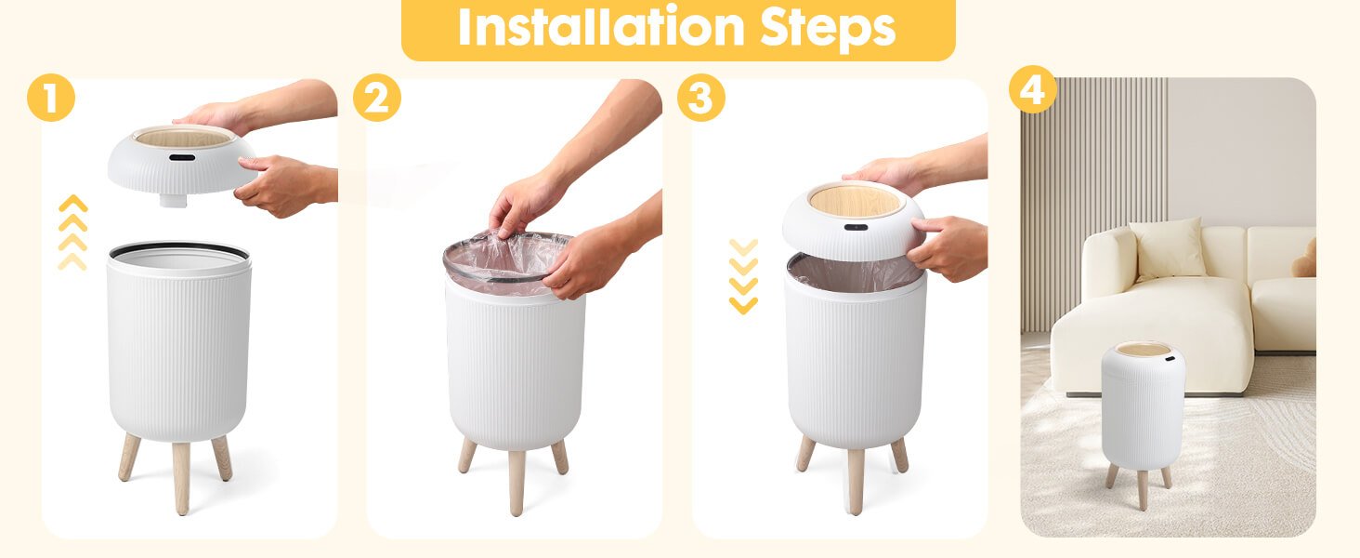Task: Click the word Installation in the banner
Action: [601, 27]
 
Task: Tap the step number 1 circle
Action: [51, 98]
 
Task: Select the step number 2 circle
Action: [377, 98]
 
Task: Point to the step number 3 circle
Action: [701, 98]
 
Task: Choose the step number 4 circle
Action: [1032, 89]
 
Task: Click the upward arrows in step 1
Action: [72, 232]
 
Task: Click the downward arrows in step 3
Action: [743, 276]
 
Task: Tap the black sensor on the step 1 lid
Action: [182, 157]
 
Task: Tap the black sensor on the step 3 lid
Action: [856, 227]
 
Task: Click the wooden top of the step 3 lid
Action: [856, 200]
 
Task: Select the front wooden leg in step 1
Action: [181, 478]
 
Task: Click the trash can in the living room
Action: [1143, 419]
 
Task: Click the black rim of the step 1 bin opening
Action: [179, 249]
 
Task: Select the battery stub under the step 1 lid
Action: [173, 200]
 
